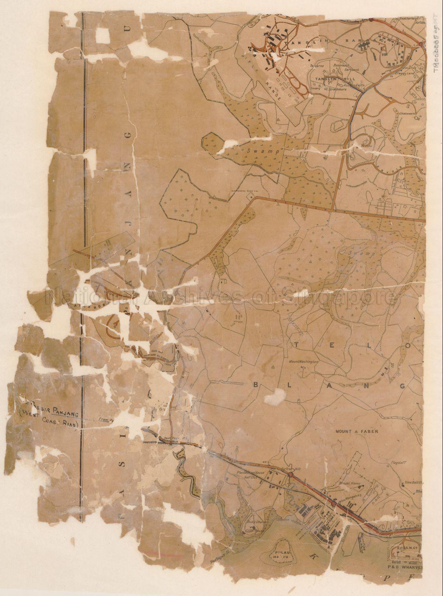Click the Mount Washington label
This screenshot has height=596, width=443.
pos(304,361)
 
